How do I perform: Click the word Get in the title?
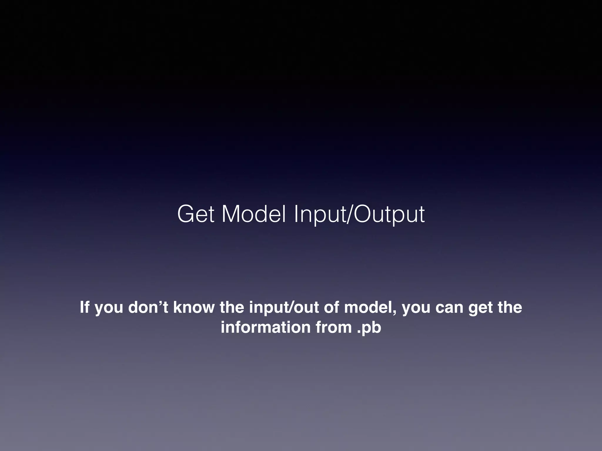(196, 214)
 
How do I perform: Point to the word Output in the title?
(389, 214)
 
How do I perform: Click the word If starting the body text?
(84, 307)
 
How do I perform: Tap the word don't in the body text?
(148, 307)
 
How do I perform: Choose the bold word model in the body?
(369, 307)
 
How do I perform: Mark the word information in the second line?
(265, 327)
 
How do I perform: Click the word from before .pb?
(334, 327)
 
